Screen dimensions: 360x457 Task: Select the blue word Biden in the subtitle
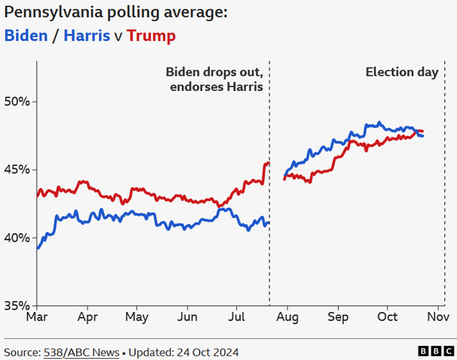coord(26,36)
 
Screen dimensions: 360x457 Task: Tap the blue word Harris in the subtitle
coord(87,36)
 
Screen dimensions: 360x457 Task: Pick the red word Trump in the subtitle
coord(151,36)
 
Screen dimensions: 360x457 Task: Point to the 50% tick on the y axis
coord(17,102)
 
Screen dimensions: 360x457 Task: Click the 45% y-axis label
coord(17,170)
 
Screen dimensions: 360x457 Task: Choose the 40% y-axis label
coord(17,238)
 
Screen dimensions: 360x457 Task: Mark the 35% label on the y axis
coord(17,306)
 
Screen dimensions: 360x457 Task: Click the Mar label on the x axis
coord(37,317)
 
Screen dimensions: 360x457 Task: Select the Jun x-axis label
coord(187,317)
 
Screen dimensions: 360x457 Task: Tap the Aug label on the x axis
coord(287,317)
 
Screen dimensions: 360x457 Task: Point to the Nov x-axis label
coord(438,317)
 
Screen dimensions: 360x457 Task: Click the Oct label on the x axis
coord(387,317)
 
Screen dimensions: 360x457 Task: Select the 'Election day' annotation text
coord(402,72)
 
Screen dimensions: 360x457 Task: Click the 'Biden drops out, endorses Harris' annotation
coord(215,79)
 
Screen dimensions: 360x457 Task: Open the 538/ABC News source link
coord(81,352)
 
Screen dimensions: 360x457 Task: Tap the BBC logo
coord(436,351)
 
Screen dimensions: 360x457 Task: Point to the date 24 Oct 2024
coord(207,352)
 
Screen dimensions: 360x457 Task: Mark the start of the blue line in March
coord(38,248)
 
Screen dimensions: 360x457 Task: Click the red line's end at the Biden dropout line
coord(268,163)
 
